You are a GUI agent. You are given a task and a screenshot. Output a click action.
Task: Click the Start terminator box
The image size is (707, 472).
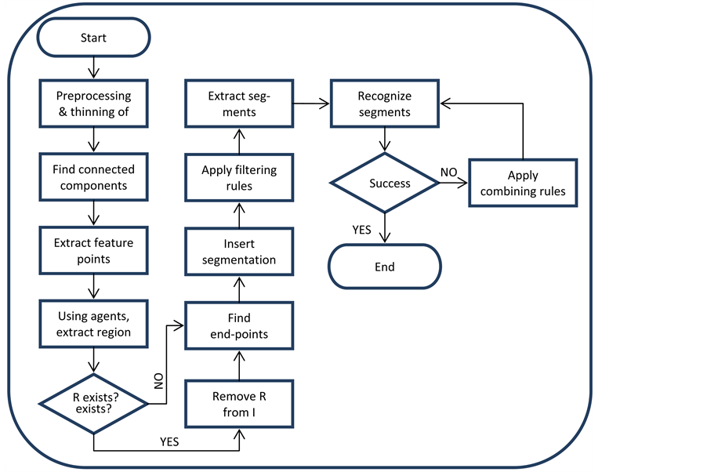tap(93, 38)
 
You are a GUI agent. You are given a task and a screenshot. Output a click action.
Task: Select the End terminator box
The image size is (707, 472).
tap(384, 267)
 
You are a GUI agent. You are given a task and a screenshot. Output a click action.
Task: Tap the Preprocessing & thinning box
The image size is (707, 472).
tap(93, 103)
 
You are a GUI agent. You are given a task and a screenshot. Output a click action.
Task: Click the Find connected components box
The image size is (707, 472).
tap(93, 177)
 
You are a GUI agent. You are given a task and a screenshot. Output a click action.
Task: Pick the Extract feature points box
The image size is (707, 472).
tap(93, 251)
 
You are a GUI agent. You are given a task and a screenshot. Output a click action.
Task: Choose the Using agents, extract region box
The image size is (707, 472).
tap(93, 325)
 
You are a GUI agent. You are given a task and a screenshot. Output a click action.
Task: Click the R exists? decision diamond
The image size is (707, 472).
tap(93, 403)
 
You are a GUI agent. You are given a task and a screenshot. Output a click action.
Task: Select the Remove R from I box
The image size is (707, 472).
tap(239, 404)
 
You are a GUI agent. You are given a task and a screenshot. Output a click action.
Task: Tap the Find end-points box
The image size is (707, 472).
tap(239, 325)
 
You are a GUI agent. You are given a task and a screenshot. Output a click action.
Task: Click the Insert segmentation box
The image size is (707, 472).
tap(239, 252)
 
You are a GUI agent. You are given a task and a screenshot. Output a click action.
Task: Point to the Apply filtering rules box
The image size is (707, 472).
tap(239, 178)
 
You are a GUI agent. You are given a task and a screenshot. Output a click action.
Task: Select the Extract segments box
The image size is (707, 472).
tap(239, 103)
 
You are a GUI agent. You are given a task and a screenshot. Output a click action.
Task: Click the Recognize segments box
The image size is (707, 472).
tap(384, 103)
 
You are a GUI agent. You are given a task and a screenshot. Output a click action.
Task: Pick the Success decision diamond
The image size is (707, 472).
tap(384, 183)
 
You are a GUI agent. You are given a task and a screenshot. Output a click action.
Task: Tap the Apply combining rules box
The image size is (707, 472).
tap(523, 183)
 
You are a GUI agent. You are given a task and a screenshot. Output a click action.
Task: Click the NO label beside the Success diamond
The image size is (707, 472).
tap(448, 172)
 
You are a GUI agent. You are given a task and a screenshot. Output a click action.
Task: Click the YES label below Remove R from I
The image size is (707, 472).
tap(169, 442)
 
